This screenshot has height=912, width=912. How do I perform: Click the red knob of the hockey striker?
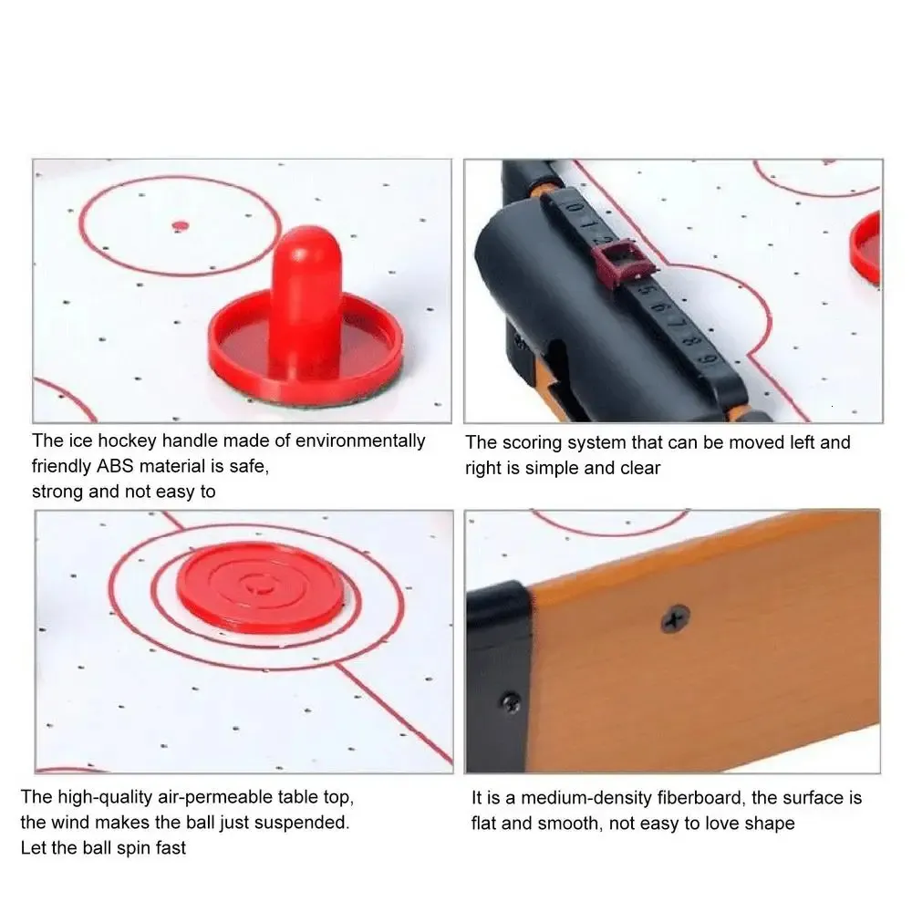point(306,296)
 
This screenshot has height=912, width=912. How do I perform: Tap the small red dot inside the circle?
point(181,225)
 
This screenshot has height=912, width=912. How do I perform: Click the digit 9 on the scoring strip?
point(708,358)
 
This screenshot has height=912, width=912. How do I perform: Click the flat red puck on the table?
point(261,587)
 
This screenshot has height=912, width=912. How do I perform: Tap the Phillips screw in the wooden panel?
point(675,618)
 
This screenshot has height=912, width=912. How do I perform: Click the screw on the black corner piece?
point(512,702)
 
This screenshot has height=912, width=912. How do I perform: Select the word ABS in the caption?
point(115,466)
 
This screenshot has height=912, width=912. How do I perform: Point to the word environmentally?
point(360,440)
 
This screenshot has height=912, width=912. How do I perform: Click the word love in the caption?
point(721,823)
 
